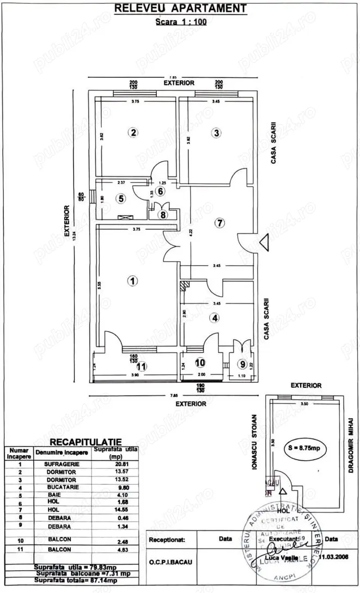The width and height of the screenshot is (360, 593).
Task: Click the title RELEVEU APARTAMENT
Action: pyautogui.click(x=180, y=8)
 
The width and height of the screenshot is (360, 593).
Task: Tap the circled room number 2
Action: pyautogui.click(x=132, y=132)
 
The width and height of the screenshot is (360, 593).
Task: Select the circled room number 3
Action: pyautogui.click(x=217, y=132)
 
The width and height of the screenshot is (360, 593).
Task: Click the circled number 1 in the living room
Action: pyautogui.click(x=131, y=281)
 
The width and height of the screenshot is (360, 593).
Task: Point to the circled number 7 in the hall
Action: pyautogui.click(x=220, y=223)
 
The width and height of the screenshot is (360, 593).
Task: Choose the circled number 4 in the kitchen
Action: pyautogui.click(x=216, y=317)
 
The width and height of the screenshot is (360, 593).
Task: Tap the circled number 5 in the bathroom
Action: pyautogui.click(x=122, y=199)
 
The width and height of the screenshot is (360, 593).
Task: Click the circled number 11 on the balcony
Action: pyautogui.click(x=142, y=366)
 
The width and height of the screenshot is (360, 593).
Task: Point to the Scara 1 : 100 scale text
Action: pyautogui.click(x=180, y=22)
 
